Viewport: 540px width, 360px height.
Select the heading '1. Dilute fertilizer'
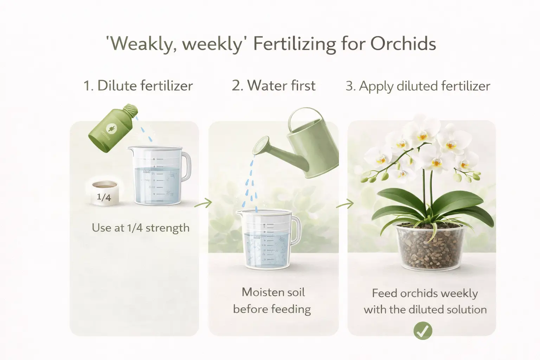[x=138, y=86]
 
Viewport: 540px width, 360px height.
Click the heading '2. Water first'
[x=274, y=86]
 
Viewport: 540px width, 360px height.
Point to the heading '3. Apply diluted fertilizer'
[x=418, y=86]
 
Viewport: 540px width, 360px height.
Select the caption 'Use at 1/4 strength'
[x=141, y=228]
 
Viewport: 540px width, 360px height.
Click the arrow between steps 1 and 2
[x=204, y=203]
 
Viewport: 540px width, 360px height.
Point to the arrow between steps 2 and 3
[x=345, y=204]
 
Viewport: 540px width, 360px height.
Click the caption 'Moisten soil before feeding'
[x=272, y=301]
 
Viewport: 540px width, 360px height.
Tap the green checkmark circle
[x=423, y=330]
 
